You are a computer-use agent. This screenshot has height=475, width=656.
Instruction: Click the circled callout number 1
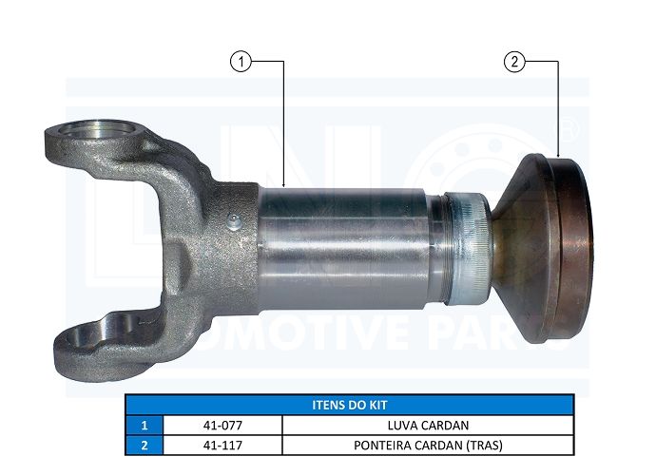[x=241, y=62]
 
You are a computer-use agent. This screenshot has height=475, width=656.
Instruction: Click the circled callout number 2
[x=514, y=62]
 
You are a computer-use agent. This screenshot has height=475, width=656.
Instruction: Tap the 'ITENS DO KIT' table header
[x=350, y=405]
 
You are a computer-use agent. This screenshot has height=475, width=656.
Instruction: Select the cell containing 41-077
[x=222, y=426]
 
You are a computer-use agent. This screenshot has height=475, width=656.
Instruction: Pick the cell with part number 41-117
[x=222, y=445]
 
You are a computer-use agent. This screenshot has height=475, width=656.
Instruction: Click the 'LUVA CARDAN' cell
[x=428, y=426]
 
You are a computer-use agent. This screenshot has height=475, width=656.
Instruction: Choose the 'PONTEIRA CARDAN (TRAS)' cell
[x=428, y=445]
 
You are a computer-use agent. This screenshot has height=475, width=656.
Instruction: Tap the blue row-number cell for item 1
[x=145, y=426]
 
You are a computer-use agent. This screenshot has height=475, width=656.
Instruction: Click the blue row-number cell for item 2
[x=145, y=445]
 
